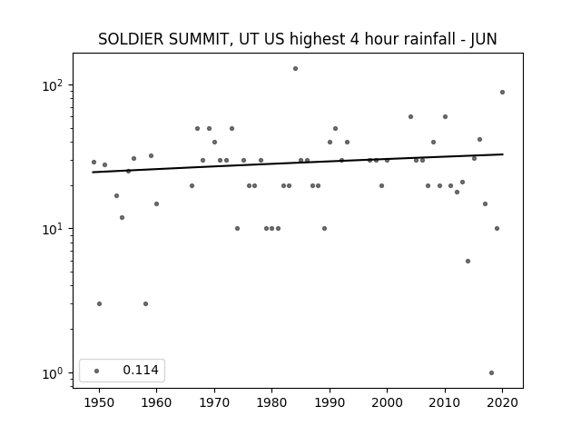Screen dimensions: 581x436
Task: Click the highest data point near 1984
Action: click(x=295, y=69)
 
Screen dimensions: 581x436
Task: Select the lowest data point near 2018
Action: click(x=491, y=373)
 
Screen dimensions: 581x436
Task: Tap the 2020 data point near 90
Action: click(x=502, y=93)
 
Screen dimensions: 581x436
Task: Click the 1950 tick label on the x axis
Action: click(x=99, y=402)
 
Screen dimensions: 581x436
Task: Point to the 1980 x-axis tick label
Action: click(x=272, y=402)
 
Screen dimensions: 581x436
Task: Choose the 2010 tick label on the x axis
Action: click(x=445, y=402)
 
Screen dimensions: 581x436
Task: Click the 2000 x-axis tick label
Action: click(x=388, y=402)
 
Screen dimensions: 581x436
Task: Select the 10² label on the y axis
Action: click(x=53, y=85)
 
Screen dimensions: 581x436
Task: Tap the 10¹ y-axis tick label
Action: click(x=53, y=229)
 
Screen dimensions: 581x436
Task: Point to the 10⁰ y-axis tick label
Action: click(x=53, y=373)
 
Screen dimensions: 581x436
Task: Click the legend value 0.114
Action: click(x=141, y=370)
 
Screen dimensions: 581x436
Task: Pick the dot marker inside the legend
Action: click(x=97, y=371)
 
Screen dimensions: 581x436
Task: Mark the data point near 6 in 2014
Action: click(x=468, y=262)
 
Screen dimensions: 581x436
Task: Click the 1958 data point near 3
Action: click(x=145, y=304)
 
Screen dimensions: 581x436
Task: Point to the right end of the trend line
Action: click(x=503, y=154)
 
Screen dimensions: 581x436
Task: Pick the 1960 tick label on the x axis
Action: click(x=156, y=402)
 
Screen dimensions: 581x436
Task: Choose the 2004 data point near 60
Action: click(x=410, y=117)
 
